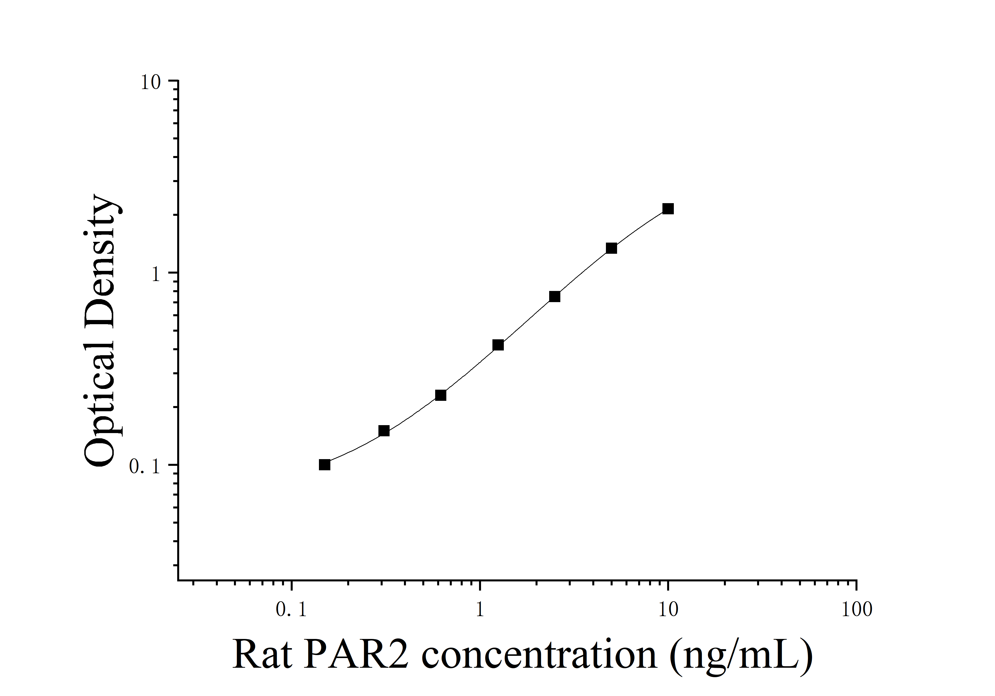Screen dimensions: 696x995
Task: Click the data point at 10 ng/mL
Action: coord(668,209)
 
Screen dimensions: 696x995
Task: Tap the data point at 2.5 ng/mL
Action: coord(554,297)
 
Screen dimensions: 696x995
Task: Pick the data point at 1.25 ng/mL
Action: coord(498,345)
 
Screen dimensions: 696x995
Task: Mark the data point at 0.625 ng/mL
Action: coord(441,395)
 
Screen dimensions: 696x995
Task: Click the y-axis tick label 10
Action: coord(150,82)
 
